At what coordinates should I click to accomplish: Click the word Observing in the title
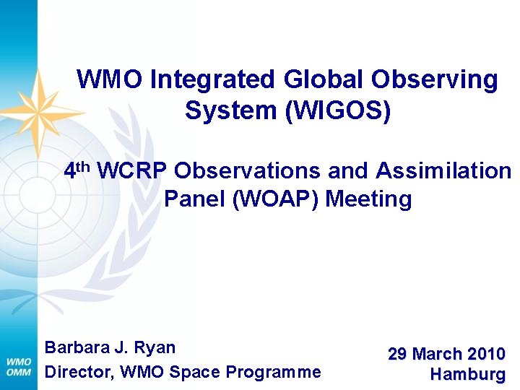[x=443, y=79]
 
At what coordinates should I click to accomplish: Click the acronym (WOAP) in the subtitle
[x=275, y=199]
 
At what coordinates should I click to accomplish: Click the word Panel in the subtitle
[x=194, y=199]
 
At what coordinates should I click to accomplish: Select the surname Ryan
[x=155, y=348]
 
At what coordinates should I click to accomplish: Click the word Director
[x=76, y=373]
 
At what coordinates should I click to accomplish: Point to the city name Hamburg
[x=467, y=375]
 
